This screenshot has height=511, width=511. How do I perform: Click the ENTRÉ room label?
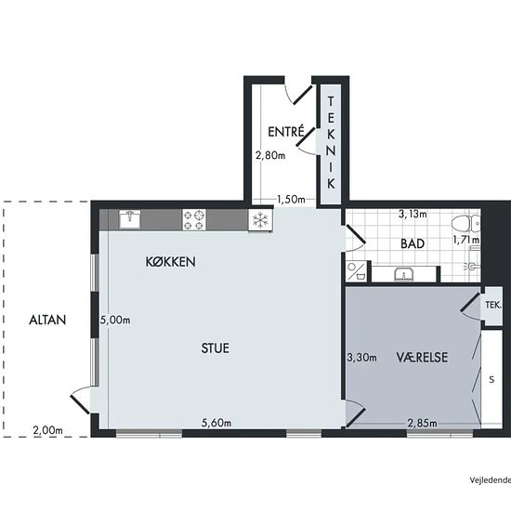[286, 131]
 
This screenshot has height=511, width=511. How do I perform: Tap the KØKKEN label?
[170, 262]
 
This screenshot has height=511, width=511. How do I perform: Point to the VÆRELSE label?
[422, 357]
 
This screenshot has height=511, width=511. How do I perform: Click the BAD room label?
[413, 243]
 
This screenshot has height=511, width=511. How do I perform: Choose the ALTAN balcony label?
[47, 320]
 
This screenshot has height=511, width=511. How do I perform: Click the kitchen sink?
[130, 219]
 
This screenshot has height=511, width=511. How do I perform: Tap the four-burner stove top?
[194, 219]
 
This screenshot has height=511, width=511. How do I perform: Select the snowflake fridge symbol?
[260, 220]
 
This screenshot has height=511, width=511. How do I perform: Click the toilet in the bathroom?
[465, 224]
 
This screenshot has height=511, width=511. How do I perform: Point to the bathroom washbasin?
[404, 274]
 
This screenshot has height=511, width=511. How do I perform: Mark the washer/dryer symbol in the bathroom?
[356, 271]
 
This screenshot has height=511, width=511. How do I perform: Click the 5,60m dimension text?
[216, 423]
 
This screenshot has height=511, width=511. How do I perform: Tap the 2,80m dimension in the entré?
[270, 155]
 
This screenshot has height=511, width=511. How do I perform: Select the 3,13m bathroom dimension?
[413, 214]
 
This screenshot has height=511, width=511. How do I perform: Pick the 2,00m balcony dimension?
[47, 430]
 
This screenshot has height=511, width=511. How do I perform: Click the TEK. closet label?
[492, 305]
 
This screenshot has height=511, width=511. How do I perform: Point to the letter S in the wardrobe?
[491, 379]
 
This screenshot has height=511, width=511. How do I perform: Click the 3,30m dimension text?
[361, 358]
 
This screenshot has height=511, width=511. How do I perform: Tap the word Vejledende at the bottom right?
[491, 480]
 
